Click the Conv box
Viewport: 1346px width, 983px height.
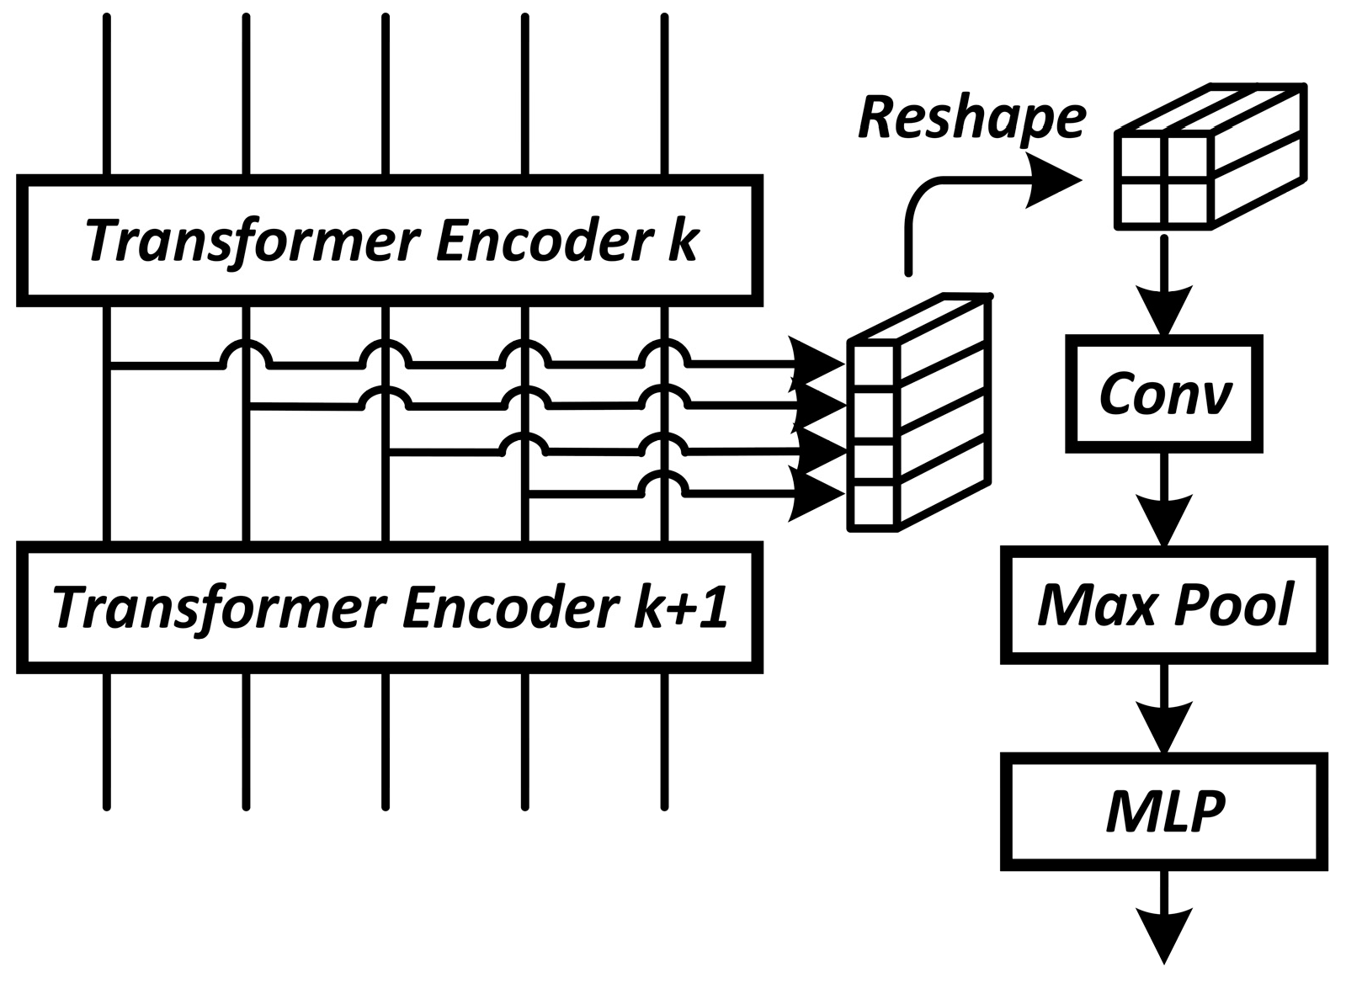(1165, 394)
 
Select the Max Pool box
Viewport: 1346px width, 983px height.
(1165, 604)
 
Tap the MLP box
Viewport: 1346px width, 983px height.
(1165, 811)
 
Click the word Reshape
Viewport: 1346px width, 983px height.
(972, 118)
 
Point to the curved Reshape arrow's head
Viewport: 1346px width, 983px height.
(1056, 179)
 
